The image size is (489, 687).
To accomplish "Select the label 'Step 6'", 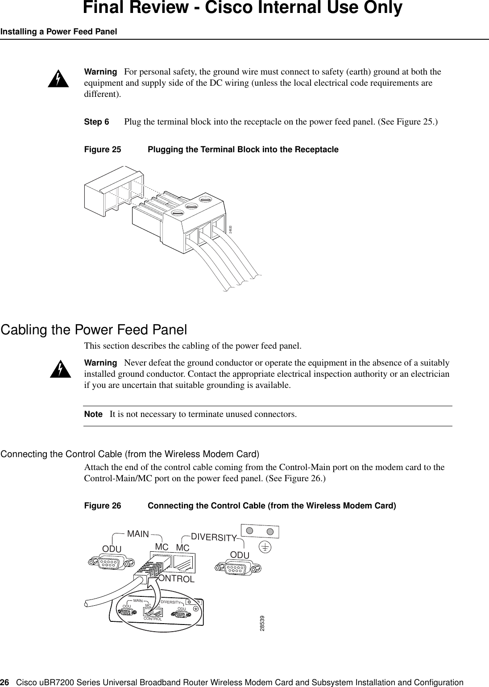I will [96, 122].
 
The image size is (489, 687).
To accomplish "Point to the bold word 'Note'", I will [93, 414].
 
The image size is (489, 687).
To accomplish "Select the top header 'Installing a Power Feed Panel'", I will [58, 32].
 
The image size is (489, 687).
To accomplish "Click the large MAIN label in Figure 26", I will [138, 533].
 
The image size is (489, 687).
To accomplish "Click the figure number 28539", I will [262, 623].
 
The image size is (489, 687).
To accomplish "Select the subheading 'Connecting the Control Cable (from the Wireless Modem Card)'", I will [130, 454].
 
